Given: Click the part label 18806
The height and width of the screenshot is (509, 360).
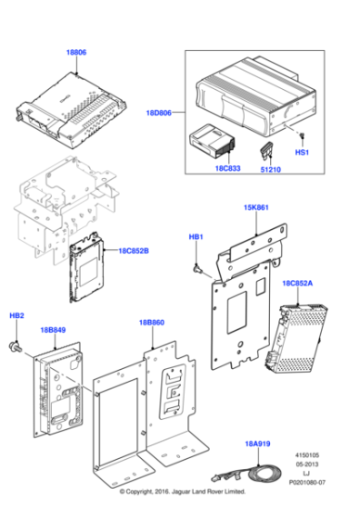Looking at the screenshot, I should [x=76, y=54].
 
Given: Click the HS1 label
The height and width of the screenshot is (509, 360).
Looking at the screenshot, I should [x=303, y=153].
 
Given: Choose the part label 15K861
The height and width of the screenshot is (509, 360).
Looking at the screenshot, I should [x=255, y=208].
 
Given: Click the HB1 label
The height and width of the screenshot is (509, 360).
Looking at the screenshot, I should [x=195, y=236].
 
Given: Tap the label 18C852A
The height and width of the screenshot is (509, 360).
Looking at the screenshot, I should [x=298, y=284].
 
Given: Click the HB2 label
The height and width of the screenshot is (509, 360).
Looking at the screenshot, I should [x=16, y=315].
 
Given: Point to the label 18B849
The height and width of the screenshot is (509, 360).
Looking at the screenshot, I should [x=54, y=331].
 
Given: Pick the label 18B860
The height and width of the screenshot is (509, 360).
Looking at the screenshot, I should [x=152, y=323].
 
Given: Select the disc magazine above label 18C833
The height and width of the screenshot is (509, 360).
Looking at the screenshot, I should [x=212, y=144].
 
